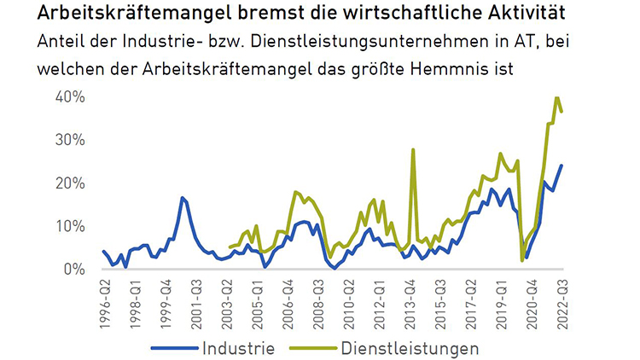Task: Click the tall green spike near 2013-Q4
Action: tap(413, 150)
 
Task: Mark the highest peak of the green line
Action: tap(556, 98)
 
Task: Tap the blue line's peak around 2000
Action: tap(183, 198)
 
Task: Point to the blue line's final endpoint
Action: tap(561, 165)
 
